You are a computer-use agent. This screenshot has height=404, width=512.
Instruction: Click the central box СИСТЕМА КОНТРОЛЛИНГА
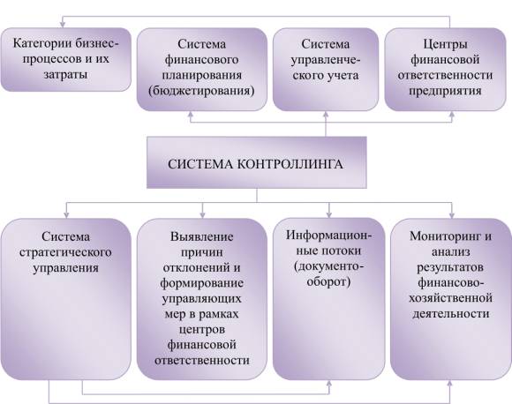pos(257,162)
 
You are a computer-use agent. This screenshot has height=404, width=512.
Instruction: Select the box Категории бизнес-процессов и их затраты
pos(65,59)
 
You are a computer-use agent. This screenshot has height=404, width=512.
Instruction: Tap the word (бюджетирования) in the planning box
pos(201,90)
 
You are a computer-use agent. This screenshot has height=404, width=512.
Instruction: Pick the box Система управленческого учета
pos(326,69)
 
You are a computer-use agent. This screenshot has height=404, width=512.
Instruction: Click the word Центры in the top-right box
pos(445,44)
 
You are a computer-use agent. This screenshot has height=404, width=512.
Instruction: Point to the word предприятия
pos(445,90)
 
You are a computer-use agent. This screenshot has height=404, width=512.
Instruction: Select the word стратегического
pos(65,252)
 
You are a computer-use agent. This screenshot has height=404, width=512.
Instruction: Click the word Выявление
pos(202,236)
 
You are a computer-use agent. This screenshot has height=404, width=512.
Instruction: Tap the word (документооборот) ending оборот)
pos(328,281)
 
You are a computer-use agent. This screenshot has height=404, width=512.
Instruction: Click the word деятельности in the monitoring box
pos(450,314)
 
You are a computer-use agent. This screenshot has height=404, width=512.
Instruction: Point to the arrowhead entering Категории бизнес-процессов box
pos(63,25)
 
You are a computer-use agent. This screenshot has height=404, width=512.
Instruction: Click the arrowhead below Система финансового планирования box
pos(191,114)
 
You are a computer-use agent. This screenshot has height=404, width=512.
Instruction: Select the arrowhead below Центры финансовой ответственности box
pos(452,114)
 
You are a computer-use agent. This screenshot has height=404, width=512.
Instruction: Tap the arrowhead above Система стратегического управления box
pos(66,215)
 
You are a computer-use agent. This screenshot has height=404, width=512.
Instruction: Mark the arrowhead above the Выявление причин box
pos(202,215)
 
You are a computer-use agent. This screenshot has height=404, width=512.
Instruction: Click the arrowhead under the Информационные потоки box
pos(328,384)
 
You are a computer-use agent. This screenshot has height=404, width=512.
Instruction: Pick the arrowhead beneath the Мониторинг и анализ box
pos(450,384)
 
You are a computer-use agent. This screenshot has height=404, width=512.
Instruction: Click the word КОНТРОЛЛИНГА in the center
pos(290,164)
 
